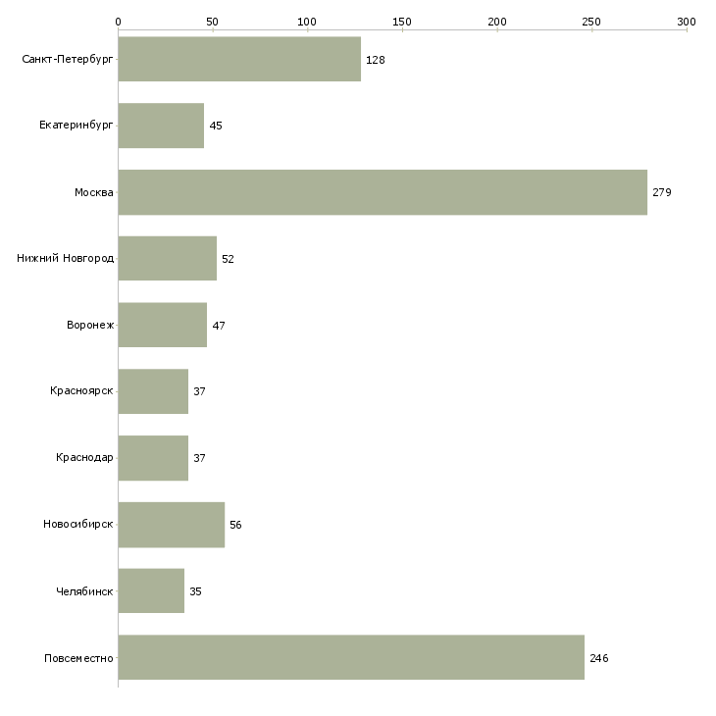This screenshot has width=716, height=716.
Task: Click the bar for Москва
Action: [383, 192]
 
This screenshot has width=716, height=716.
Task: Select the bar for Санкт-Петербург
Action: [239, 60]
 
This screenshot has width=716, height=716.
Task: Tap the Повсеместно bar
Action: [351, 658]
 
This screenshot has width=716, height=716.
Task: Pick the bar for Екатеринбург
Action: [161, 126]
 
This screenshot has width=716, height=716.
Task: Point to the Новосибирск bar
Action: [171, 525]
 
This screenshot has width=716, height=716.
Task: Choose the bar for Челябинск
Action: [151, 591]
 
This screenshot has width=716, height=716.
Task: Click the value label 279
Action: [661, 192]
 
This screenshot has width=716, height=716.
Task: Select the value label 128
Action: [375, 60]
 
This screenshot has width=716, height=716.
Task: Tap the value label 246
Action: [598, 658]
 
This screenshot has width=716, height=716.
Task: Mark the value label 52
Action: [228, 259]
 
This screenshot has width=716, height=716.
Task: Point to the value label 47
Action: [219, 326]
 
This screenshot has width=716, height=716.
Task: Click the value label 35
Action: [195, 591]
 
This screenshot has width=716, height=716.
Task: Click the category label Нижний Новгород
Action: [65, 259]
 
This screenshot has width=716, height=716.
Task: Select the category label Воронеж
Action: [90, 326]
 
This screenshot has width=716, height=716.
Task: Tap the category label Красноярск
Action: [81, 391]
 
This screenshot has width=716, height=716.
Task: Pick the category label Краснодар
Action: [84, 458]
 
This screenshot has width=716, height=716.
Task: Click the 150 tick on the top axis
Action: [402, 21]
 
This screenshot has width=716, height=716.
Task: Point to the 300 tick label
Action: [687, 21]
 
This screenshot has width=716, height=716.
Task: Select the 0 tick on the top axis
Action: [118, 21]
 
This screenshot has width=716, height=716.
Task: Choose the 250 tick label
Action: [591, 21]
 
